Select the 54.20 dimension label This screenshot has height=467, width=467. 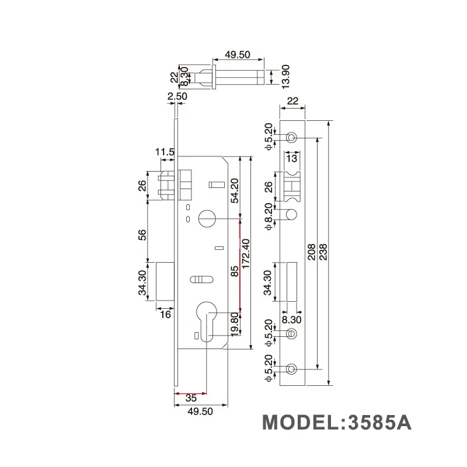click(x=234, y=188)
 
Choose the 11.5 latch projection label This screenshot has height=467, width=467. click(x=165, y=152)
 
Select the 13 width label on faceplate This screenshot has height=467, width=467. click(x=292, y=158)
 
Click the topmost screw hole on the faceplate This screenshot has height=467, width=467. click(x=291, y=137)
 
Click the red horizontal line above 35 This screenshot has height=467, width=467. click(x=190, y=392)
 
